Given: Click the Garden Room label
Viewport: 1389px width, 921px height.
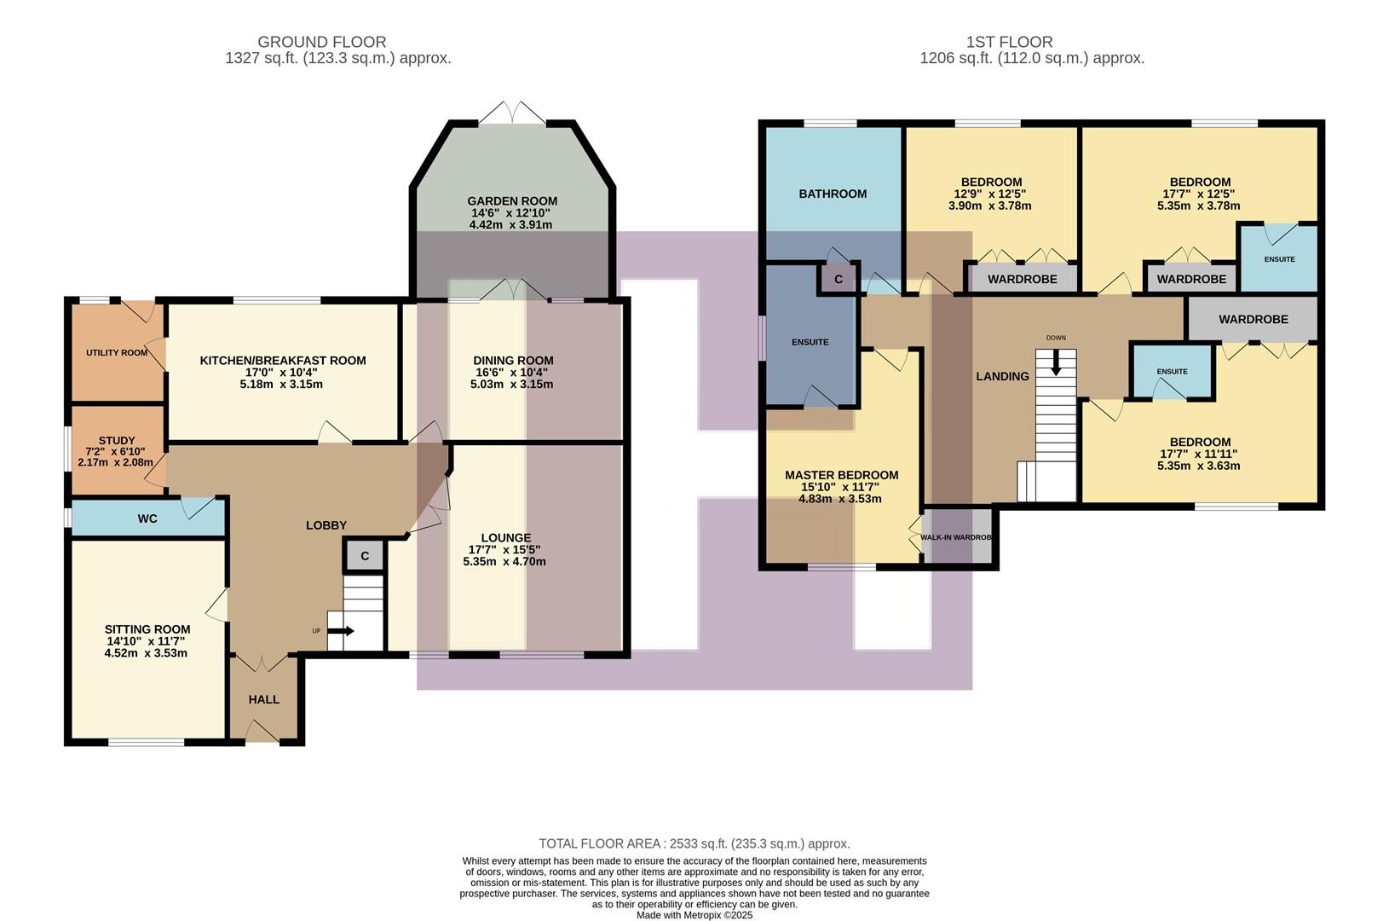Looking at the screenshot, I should point(512,201).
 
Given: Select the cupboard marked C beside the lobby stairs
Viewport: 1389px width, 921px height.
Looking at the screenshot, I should point(365,556).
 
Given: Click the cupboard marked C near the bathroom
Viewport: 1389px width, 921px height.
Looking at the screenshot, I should point(839,279).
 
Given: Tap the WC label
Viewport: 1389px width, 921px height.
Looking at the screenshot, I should point(147,518).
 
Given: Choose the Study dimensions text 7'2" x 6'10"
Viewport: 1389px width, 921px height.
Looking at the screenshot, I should point(116,451).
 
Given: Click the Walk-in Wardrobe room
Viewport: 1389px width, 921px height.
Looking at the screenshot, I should point(959,537).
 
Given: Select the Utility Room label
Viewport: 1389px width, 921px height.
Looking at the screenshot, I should point(117,352).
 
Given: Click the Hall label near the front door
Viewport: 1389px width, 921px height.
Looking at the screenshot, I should point(264,699).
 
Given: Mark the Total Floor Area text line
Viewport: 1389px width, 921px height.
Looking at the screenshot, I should point(694,843).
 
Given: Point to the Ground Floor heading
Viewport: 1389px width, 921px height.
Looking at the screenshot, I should point(321,42).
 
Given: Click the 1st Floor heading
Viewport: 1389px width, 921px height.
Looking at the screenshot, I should point(1009,42).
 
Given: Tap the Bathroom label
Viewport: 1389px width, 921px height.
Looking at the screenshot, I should point(833,194).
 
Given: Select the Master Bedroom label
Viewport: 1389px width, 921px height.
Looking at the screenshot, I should point(841,475).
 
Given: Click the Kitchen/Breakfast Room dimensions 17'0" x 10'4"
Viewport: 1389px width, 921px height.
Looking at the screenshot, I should point(283,373).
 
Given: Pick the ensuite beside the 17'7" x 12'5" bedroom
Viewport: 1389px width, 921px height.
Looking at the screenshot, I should point(1279,258).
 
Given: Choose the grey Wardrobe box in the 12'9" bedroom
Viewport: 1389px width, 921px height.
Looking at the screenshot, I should point(1022,279).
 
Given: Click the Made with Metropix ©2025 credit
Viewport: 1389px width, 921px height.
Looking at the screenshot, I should point(694,915).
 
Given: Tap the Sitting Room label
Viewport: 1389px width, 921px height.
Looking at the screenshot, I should point(147,629).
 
